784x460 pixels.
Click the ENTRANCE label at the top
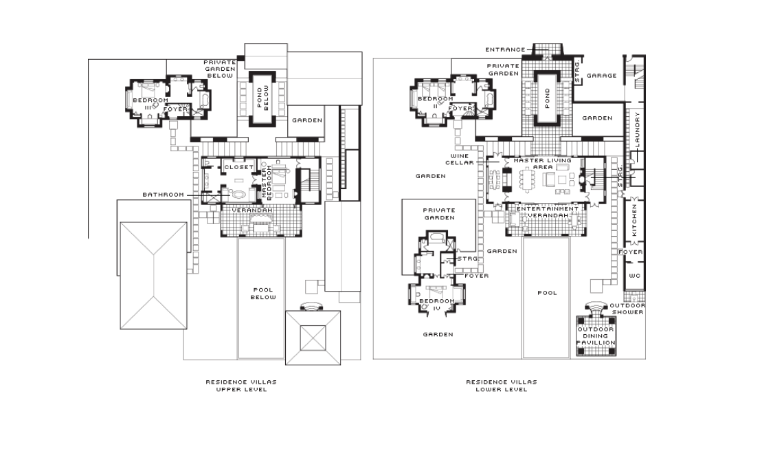click(506, 50)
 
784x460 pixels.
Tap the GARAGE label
click(601, 76)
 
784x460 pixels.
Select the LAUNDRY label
click(637, 129)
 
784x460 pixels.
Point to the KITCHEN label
click(634, 220)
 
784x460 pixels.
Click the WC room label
click(634, 276)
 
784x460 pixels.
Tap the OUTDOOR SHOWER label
click(627, 309)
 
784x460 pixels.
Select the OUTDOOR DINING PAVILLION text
click(596, 336)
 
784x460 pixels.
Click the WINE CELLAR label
click(460, 159)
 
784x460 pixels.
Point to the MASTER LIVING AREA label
click(543, 164)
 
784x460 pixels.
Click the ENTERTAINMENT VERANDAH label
click(548, 212)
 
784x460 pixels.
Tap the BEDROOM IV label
click(437, 305)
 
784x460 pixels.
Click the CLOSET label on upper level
click(238, 167)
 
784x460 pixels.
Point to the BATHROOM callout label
click(163, 195)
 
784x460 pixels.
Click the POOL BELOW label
click(263, 294)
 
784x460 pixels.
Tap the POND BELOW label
click(262, 98)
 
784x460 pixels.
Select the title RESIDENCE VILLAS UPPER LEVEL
click(241, 386)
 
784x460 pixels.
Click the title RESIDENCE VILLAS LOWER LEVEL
click(502, 386)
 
